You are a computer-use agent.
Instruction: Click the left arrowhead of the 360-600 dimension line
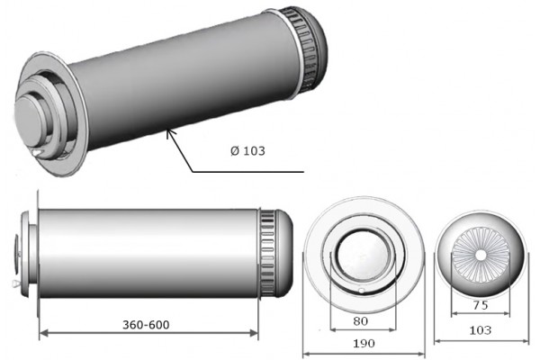40,333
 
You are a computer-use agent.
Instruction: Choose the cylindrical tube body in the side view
148,249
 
